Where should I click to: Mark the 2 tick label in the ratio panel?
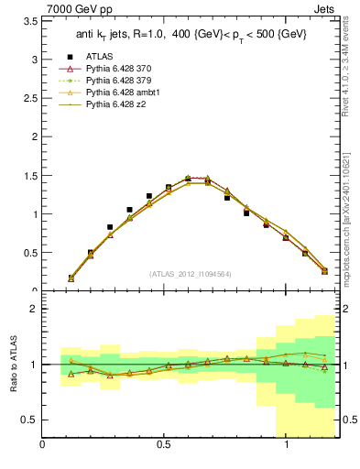[x=33, y=309]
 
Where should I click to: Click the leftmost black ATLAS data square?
[x=71, y=278]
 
